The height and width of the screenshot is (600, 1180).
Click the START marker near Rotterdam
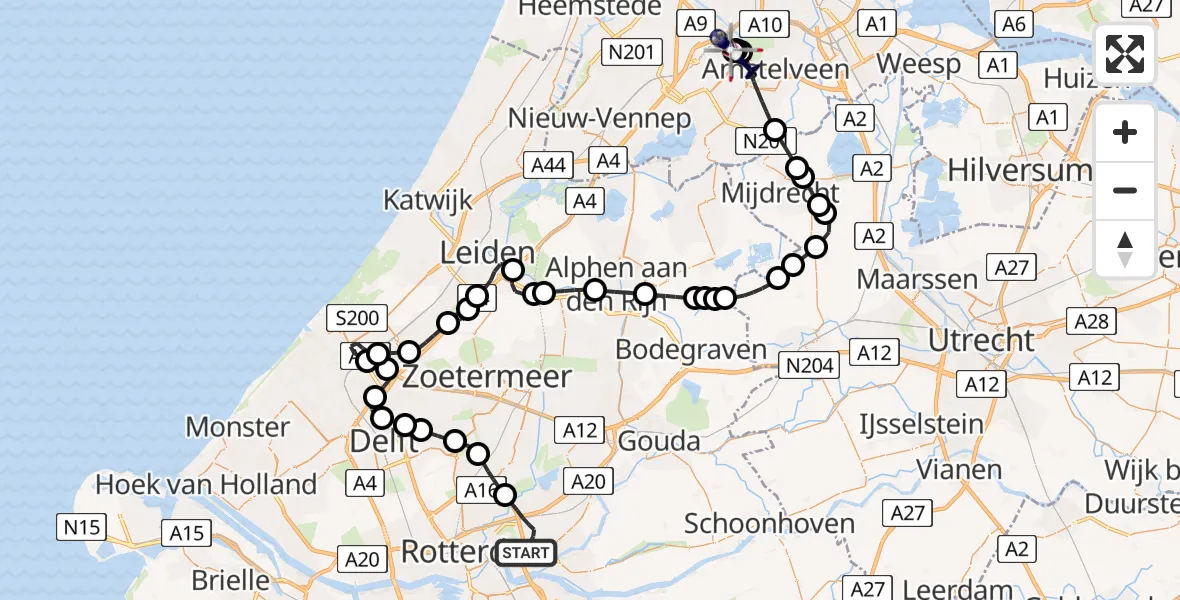(x=526, y=552)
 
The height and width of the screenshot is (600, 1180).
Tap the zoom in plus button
(x=1125, y=133)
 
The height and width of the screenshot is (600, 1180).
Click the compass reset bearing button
(x=1125, y=249)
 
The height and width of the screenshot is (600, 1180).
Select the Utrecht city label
(x=981, y=340)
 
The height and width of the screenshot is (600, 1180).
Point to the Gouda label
(x=659, y=439)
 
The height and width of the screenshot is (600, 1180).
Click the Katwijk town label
(x=427, y=200)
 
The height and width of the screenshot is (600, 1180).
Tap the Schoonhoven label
(x=769, y=522)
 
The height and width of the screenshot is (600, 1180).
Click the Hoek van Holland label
(x=206, y=485)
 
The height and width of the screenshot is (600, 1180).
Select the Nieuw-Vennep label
(x=599, y=118)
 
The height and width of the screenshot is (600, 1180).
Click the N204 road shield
(x=809, y=366)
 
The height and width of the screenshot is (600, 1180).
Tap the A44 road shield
(x=548, y=166)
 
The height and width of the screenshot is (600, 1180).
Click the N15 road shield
(x=82, y=525)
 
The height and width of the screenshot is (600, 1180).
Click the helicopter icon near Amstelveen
(x=726, y=40)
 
